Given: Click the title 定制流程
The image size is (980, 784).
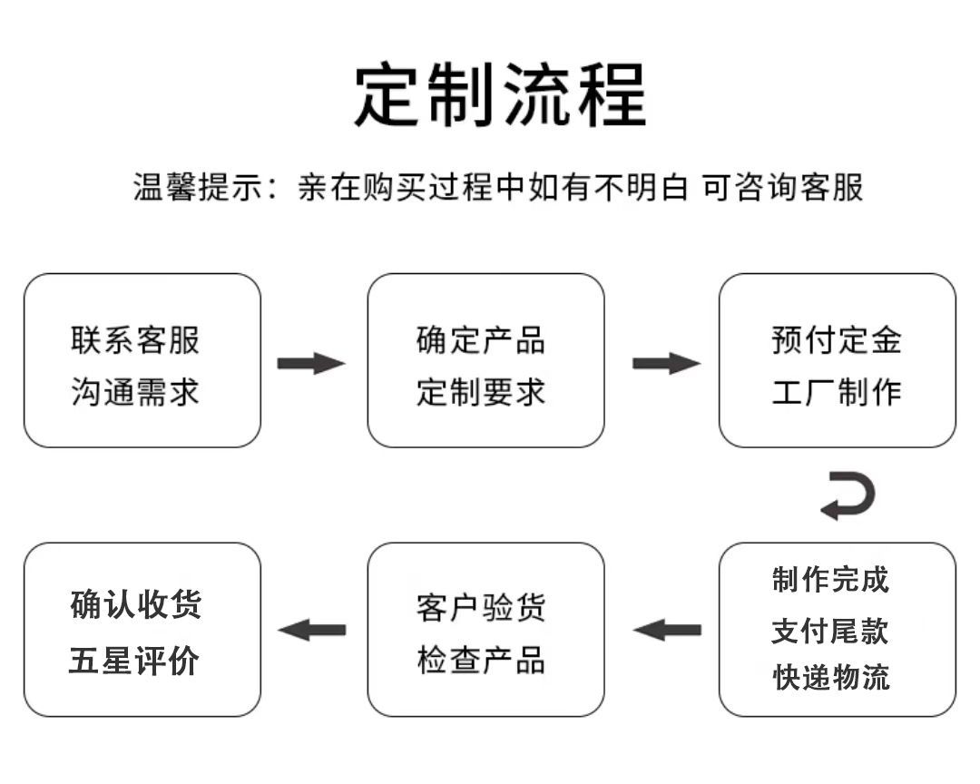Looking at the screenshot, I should click(500, 94).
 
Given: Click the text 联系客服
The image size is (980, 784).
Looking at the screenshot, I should click(135, 340).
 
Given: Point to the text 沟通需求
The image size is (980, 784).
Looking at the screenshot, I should click(135, 392).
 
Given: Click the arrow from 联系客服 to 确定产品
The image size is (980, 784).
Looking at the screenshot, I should click(311, 364).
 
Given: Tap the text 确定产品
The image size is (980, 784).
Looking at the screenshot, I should click(481, 340).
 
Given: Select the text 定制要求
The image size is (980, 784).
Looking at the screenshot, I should click(481, 392).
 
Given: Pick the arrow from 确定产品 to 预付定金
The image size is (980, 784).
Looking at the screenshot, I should click(666, 364).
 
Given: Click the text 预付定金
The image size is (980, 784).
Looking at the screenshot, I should click(837, 340).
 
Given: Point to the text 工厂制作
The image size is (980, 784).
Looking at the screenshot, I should click(837, 392).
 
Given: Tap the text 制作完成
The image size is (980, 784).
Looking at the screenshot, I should click(830, 580).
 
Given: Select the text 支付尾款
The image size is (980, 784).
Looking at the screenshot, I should click(830, 631).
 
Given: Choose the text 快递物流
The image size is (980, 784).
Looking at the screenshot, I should click(830, 677).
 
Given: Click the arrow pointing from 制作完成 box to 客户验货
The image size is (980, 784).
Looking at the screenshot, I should click(667, 630).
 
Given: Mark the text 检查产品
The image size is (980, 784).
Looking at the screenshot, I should click(481, 661).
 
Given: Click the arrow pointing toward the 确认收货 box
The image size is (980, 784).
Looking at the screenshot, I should click(312, 630).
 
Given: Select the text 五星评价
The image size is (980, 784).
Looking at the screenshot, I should click(134, 661).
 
